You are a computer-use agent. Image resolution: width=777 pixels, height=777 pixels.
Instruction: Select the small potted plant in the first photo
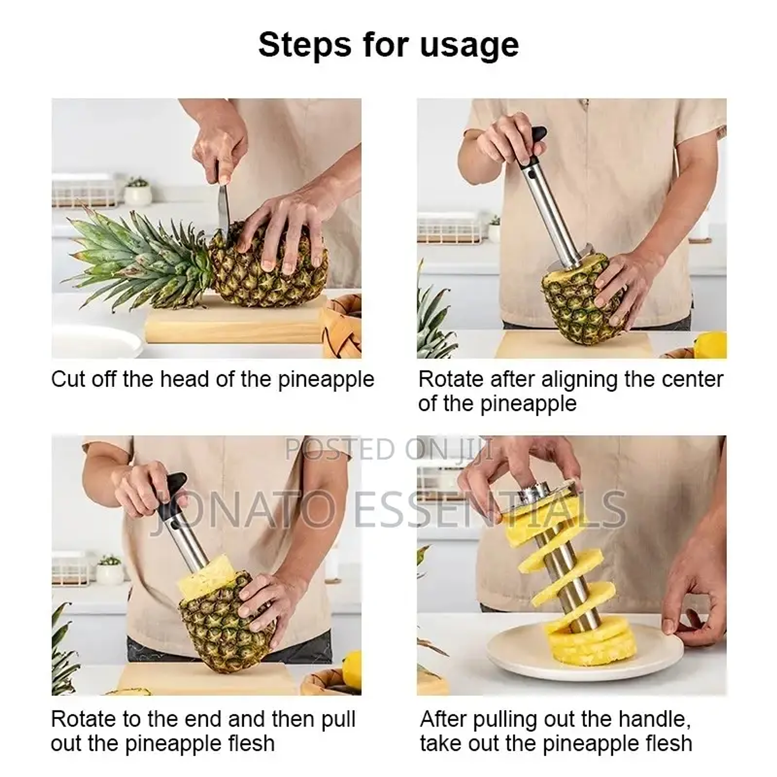tap(137, 191)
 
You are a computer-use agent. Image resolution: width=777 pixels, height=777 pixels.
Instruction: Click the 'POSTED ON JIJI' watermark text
tap(389, 449)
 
